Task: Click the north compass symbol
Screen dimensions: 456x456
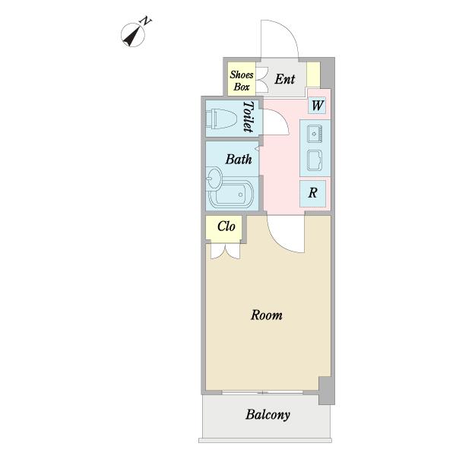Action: coord(132,35)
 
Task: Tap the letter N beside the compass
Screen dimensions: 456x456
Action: coord(146,21)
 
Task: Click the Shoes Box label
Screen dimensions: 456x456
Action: coord(242,81)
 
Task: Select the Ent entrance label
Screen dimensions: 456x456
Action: coord(285,79)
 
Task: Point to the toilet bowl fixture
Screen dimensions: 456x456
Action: coord(221,119)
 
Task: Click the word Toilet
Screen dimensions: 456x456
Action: coord(248,116)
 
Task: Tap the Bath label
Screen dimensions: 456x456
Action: coord(239,160)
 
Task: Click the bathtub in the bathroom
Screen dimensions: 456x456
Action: coord(231,195)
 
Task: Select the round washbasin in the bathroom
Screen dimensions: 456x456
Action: coord(214,178)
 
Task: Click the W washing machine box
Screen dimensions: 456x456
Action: coord(317,105)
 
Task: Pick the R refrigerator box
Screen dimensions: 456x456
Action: coord(312,193)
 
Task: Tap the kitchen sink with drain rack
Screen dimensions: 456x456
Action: coord(315,134)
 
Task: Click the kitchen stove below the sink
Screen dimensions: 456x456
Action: coord(315,160)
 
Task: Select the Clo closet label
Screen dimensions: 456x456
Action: coord(226,226)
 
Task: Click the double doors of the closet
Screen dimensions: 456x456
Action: coord(226,251)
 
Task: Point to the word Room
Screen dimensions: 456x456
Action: coord(267,315)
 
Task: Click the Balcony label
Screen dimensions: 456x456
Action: coord(268,415)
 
